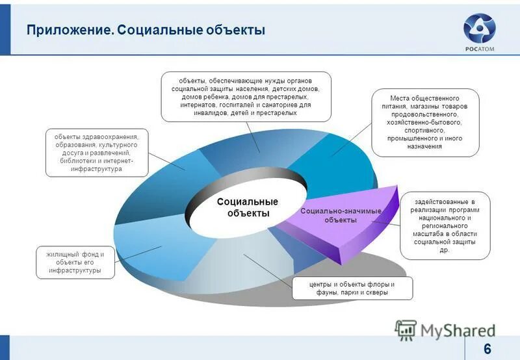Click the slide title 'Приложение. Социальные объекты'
pos(146,31)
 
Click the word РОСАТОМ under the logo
pos(479,48)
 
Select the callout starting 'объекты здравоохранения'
pos(96,152)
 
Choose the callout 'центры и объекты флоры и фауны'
pos(352,289)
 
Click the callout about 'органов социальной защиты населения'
pos(246,96)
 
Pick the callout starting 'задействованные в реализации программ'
pos(445,225)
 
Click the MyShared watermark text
pos(457,330)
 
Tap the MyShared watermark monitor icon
pos(406,330)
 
